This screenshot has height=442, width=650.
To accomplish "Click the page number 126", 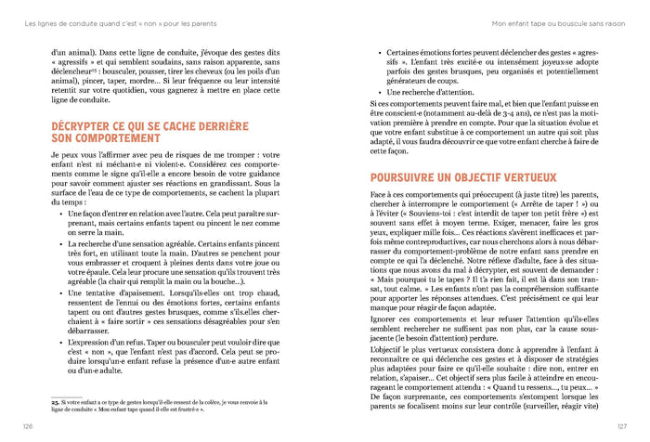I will click(x=29, y=426).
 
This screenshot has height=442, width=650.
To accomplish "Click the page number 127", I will click(x=620, y=426).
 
